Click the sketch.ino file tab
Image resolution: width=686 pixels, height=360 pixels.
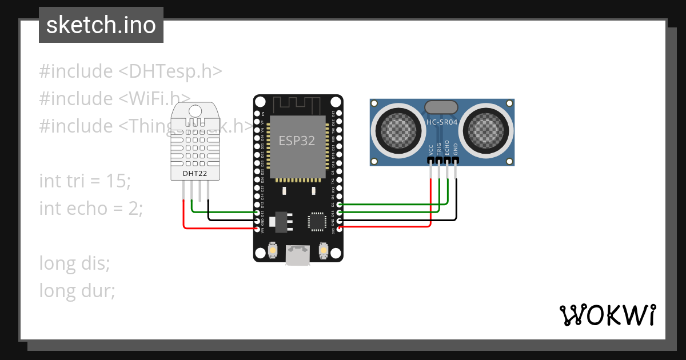101,25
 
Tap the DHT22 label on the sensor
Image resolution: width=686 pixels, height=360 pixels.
194,173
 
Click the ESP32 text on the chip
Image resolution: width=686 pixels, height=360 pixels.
297,141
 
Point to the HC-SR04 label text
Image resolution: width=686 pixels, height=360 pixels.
442,122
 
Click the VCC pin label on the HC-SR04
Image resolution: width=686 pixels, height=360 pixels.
430,150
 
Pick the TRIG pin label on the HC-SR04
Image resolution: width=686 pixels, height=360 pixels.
439,149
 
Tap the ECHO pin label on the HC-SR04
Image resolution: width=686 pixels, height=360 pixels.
448,149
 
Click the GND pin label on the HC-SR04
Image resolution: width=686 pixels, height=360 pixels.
456,150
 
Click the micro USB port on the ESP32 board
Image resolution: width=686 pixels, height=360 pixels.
298,255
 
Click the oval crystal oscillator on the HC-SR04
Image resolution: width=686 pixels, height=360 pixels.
441,107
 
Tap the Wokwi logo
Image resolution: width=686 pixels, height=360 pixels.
607,315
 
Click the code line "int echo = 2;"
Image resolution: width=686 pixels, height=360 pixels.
90,209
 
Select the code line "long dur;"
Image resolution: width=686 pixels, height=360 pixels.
77,291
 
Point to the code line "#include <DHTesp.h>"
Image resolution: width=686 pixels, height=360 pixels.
130,71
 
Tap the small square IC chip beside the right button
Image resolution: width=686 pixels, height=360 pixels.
317,222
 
